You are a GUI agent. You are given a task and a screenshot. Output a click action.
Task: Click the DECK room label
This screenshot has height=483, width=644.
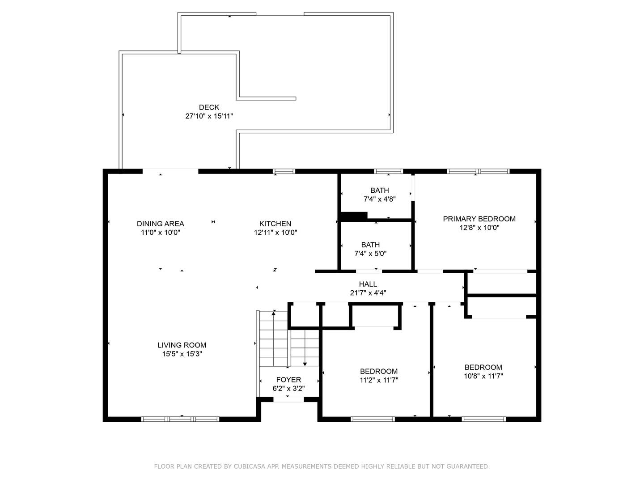[209, 107]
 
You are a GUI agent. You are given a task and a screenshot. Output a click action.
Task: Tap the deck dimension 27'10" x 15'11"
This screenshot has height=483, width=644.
[209, 116]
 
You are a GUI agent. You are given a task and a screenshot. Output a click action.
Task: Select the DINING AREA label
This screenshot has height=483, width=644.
[160, 224]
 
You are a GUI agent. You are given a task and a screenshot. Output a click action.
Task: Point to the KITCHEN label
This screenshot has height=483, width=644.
[275, 224]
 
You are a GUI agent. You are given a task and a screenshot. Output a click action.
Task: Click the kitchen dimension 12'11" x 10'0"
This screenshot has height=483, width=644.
[275, 233]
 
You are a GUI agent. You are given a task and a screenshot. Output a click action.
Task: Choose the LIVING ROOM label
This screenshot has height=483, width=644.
[182, 345]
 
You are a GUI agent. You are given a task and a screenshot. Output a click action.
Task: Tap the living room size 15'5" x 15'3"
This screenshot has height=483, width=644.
[182, 354]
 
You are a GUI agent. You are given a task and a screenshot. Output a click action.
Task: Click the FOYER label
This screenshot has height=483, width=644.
[289, 380]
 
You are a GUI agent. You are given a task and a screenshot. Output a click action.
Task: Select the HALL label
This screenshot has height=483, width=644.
[368, 284]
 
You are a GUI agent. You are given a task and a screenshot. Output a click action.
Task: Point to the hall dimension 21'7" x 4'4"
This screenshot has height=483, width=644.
[368, 292]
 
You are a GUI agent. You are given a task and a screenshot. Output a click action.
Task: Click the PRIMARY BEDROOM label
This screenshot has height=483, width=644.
[479, 219]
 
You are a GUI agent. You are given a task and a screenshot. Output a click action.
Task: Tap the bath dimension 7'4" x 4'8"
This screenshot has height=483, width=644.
[380, 199]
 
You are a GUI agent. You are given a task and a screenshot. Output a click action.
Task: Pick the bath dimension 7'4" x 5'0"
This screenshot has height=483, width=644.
[371, 254]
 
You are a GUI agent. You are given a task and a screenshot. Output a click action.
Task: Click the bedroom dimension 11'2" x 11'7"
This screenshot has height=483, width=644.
[379, 380]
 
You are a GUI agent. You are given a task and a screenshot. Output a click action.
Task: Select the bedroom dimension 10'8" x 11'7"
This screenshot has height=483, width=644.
[483, 376]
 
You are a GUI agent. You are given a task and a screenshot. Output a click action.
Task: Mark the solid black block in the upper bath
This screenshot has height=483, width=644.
[354, 216]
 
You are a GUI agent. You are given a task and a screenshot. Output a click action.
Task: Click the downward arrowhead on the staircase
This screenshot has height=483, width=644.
[305, 364]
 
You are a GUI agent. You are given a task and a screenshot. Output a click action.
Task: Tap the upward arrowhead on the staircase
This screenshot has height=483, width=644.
[273, 314]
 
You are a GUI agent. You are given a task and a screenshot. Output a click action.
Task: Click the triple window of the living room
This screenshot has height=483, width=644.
[180, 419]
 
